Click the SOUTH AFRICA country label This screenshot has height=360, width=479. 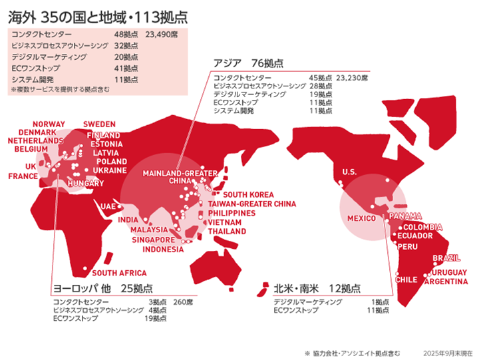[x=119, y=273]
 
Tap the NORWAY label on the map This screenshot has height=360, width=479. [x=49, y=124]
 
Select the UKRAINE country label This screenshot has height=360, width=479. [x=110, y=170]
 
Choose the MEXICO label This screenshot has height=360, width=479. [x=362, y=218]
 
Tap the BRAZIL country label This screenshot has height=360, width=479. [x=446, y=258]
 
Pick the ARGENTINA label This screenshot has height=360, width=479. [x=446, y=282]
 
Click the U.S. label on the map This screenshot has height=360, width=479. [x=349, y=172]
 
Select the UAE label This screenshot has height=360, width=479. [x=108, y=206]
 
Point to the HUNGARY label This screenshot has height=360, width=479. [x=85, y=183]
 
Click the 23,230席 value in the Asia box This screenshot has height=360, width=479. [x=352, y=78]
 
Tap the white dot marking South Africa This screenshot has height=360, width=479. [x=86, y=269]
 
